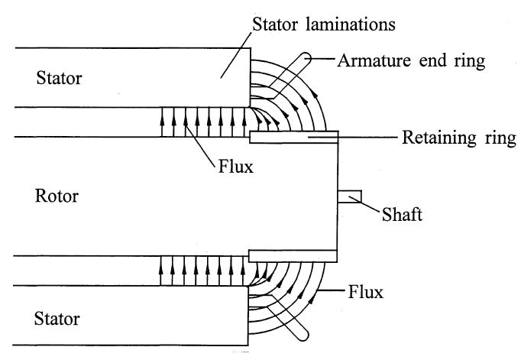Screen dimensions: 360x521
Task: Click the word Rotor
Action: tap(57, 196)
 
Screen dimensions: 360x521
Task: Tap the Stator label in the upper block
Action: tap(59, 78)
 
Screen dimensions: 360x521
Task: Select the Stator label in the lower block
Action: tap(59, 316)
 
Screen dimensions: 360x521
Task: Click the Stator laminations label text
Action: tap(323, 24)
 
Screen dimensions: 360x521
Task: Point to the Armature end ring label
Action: tap(411, 60)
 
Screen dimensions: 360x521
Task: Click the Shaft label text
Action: tap(401, 215)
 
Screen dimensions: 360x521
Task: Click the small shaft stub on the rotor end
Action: tap(348, 196)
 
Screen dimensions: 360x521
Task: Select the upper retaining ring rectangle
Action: tap(294, 137)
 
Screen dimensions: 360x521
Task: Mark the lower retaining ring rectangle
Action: tap(294, 255)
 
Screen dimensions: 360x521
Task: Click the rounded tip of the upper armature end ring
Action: tap(306, 56)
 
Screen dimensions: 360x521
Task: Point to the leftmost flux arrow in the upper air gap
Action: tap(163, 122)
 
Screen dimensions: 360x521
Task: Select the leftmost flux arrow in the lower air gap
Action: tap(163, 271)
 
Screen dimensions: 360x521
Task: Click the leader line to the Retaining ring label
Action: tap(367, 138)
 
